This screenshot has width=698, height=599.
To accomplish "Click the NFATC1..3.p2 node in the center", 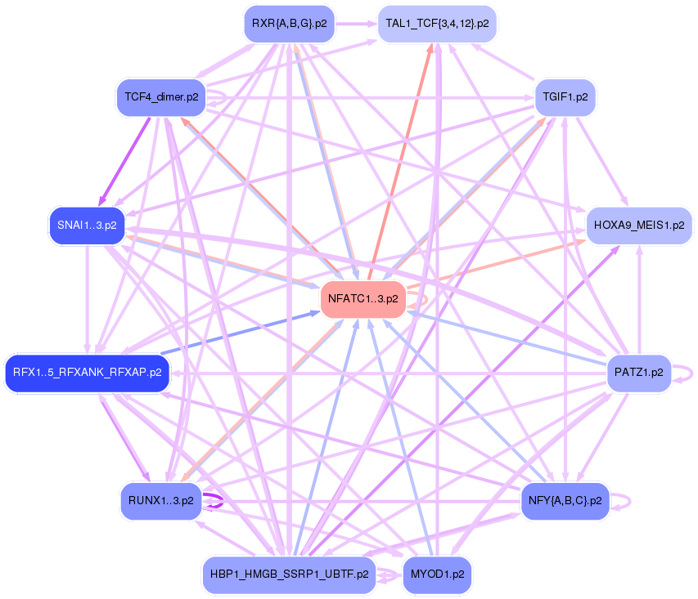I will click(363, 299).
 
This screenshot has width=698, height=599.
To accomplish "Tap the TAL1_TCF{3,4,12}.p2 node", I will click(438, 24).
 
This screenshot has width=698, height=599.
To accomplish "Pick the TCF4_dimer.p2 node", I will click(161, 97).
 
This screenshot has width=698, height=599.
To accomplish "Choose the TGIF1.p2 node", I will click(565, 97).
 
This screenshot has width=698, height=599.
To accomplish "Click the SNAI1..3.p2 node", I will click(87, 225).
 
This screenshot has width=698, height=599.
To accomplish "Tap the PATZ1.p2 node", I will click(638, 373).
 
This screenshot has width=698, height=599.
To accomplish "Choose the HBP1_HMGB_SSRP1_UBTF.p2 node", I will click(289, 574).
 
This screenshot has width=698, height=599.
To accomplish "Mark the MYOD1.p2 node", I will click(437, 574).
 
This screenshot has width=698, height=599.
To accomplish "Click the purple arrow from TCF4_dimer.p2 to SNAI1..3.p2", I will click(125, 159).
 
